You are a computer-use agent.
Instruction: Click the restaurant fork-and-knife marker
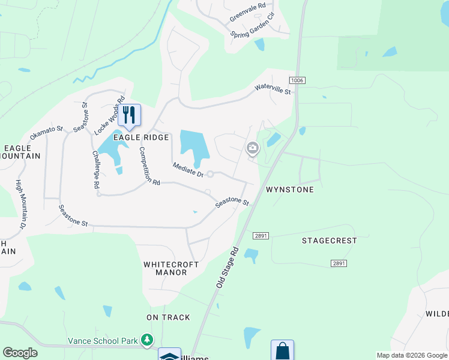pos(129,115)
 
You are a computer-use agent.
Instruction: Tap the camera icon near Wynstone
pos(253,148)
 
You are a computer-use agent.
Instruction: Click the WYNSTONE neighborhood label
pos(290,190)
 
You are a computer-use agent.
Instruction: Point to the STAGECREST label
pos(329,241)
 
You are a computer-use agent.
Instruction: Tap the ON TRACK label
pos(168,317)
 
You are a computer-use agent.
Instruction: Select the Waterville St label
pos(273,89)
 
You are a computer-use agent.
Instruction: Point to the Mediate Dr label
pos(188,170)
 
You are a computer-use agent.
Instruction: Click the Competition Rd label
pos(149,166)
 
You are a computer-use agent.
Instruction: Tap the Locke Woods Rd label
pos(109,115)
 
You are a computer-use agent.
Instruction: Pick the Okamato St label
pos(47,132)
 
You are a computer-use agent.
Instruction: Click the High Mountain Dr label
pos(21,204)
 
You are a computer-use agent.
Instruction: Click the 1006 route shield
pos(297,80)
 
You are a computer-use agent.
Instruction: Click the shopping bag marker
pos(282,350)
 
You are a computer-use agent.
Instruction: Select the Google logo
pos(20,353)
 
